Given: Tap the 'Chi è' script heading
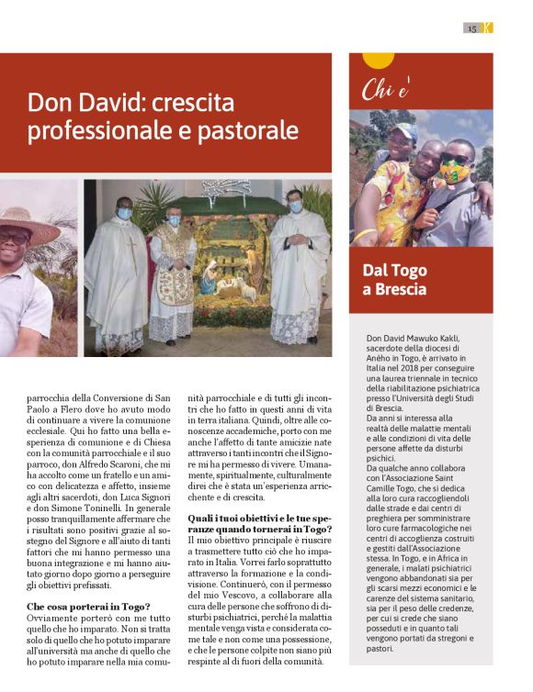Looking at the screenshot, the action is click(386, 90).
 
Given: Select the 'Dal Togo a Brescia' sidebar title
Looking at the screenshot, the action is click(394, 280).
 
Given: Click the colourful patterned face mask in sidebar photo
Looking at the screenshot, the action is click(453, 171).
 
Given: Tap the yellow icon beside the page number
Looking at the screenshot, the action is click(487, 28).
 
